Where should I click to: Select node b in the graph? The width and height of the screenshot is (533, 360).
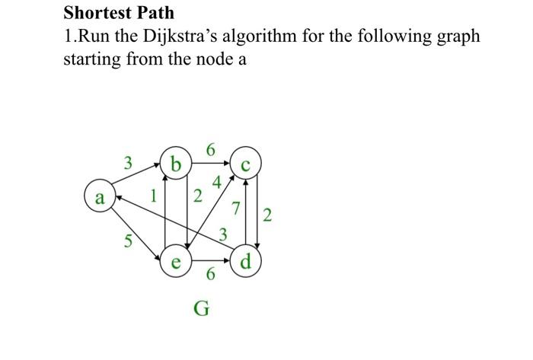point(177,164)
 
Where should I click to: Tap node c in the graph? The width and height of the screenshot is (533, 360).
point(244,164)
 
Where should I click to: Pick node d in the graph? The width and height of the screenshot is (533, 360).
point(244,263)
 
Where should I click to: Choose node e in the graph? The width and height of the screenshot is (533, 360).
point(176,263)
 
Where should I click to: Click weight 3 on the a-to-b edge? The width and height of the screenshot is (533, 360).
point(129,162)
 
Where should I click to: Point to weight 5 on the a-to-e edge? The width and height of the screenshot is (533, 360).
point(129,243)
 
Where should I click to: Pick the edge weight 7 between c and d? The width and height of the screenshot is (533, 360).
point(236,206)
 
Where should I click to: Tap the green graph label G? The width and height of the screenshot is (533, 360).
point(201,309)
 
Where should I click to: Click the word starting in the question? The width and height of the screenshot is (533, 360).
point(90,59)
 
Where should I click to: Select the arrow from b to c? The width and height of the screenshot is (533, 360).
point(210,161)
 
